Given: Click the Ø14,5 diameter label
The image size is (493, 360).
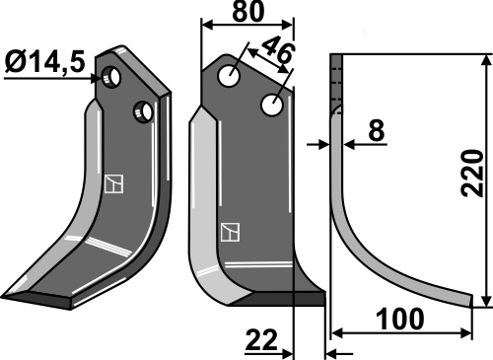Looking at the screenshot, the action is [45, 62].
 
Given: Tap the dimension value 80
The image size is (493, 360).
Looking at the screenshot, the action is [247, 11].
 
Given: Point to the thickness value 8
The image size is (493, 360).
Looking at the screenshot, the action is [376, 130].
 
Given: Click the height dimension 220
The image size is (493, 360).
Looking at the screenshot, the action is [472, 174].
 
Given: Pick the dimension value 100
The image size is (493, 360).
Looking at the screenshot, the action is [400, 319].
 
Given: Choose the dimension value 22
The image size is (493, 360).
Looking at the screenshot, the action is [262, 340].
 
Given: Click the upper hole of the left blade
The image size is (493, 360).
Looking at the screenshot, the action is [111, 77].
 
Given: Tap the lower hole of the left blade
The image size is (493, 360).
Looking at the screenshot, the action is [143, 112].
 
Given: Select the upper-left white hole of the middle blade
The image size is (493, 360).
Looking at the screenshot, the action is [229, 76].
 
